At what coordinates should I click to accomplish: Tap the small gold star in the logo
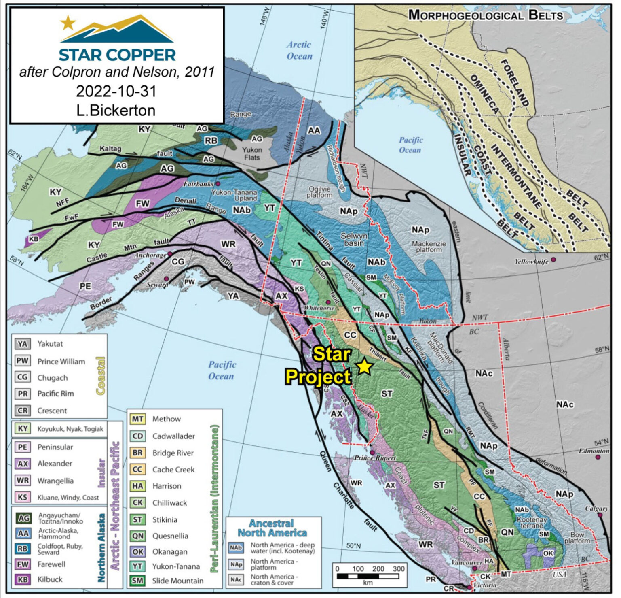(x=68, y=23)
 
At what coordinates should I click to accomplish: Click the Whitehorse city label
(x=319, y=308)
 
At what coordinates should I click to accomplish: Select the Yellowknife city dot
(x=553, y=260)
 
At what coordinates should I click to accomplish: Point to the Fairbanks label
(x=198, y=184)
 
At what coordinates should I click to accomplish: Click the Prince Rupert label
(x=375, y=458)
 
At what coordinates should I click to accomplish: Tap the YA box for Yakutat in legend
(x=23, y=344)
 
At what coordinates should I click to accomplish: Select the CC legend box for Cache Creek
(x=137, y=470)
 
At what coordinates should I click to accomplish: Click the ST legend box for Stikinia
(x=137, y=520)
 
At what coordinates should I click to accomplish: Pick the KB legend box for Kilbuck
(x=23, y=580)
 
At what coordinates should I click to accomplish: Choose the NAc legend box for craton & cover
(x=236, y=580)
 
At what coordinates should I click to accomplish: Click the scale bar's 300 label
(x=398, y=569)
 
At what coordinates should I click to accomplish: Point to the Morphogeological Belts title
(x=486, y=15)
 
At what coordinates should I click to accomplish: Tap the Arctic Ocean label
(x=299, y=51)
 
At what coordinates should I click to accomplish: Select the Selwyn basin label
(x=354, y=239)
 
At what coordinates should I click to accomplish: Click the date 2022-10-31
(x=116, y=91)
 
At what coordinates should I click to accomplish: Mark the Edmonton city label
(x=594, y=451)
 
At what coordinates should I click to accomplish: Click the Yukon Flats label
(x=252, y=153)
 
